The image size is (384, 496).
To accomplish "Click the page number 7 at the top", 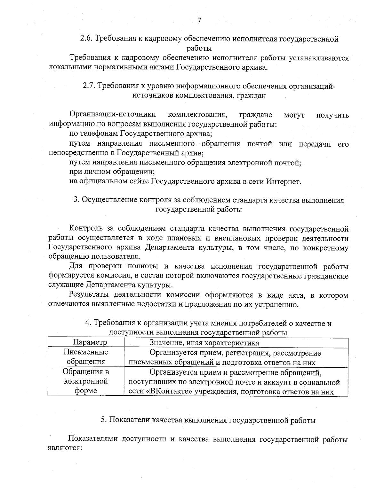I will click(199, 21).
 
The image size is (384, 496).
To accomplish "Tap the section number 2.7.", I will click(89, 86).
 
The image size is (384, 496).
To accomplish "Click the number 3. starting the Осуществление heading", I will click(76, 200).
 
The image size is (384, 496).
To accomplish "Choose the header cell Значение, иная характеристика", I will click(204, 343).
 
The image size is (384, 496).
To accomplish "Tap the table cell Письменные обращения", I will click(86, 357).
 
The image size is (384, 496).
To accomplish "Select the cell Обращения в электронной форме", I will click(86, 381).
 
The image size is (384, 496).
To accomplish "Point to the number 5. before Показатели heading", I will click(104, 420).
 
